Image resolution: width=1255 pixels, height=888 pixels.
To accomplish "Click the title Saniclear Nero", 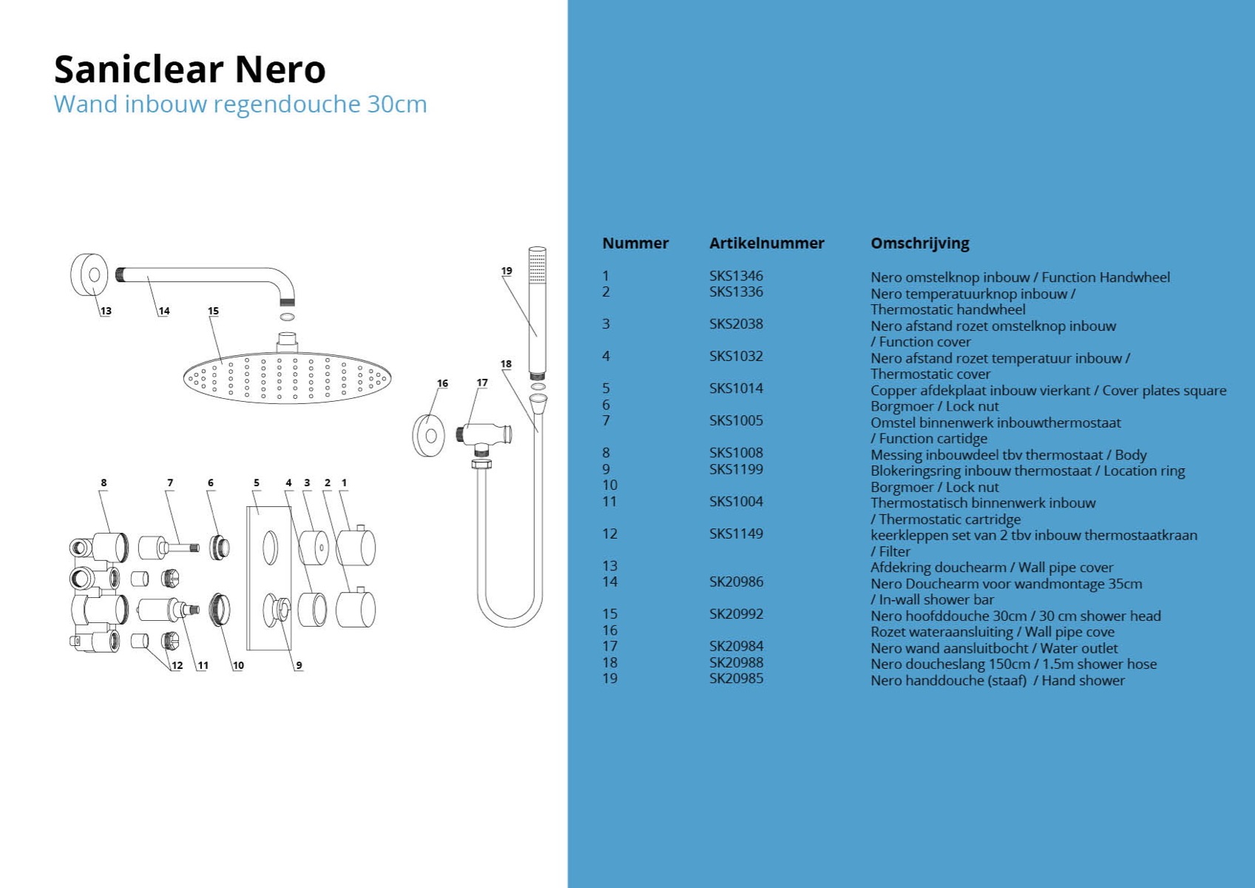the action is pos(189,70).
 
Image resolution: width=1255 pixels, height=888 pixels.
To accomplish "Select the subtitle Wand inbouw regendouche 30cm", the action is pos(240,105).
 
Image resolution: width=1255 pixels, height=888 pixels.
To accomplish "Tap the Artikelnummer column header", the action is pos(766,243).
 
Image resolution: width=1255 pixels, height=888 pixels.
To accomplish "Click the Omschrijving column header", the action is pos(920,244).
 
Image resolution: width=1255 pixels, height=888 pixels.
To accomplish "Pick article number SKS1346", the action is pos(736,276).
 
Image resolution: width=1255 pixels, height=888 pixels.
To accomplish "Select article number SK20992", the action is pos(736,614).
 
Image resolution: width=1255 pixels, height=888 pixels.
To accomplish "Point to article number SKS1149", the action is pos(736,534).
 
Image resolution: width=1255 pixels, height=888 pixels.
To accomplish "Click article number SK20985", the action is pos(736,679).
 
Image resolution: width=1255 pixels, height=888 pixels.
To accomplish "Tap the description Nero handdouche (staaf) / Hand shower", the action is pos(998,681).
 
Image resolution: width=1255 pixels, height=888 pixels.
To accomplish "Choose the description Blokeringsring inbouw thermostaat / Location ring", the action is pos(1027,471).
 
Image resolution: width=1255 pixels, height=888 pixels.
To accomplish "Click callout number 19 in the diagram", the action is pos(507,271).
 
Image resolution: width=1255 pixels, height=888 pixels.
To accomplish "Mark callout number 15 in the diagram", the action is pos(214,311).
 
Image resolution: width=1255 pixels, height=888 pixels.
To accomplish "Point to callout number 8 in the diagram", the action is pos(104,482).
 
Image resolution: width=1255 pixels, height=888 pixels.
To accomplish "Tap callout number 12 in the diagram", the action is pos(177,665).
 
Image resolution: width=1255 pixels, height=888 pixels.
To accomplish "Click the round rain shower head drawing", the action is pos(287,377).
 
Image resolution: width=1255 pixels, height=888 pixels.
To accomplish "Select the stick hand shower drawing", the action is pos(538,313).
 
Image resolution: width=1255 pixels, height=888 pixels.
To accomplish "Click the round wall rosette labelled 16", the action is pos(429,436).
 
